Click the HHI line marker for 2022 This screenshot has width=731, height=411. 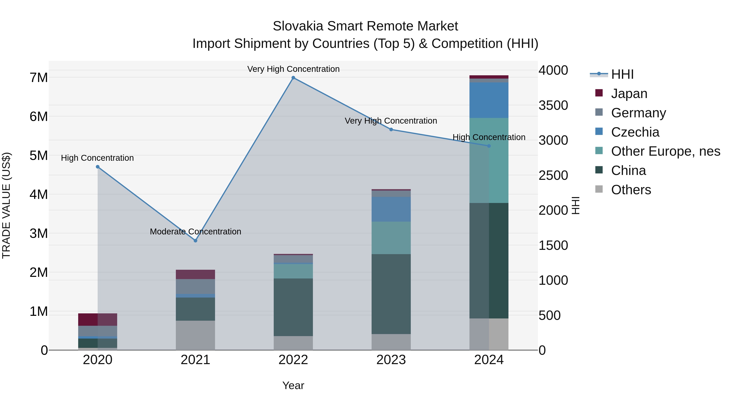[x=293, y=78]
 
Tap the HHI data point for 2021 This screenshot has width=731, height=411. [x=195, y=241]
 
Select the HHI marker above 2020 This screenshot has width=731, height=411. [x=98, y=167]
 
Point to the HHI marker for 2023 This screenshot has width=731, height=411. [x=391, y=130]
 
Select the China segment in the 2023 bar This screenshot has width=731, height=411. [x=391, y=294]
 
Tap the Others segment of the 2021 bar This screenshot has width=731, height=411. [x=195, y=335]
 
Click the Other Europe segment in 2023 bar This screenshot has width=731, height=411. [x=391, y=238]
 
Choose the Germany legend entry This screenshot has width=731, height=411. [x=638, y=113]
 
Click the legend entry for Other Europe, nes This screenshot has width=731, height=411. [x=665, y=151]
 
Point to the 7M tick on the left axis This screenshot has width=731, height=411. [x=39, y=78]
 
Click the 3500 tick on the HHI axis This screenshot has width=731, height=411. [x=553, y=106]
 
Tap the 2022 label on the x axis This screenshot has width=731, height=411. [x=293, y=360]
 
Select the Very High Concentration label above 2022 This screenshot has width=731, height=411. [x=293, y=69]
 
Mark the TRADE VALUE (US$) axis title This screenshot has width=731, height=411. [x=6, y=205]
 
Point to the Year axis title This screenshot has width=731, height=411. [x=293, y=385]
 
